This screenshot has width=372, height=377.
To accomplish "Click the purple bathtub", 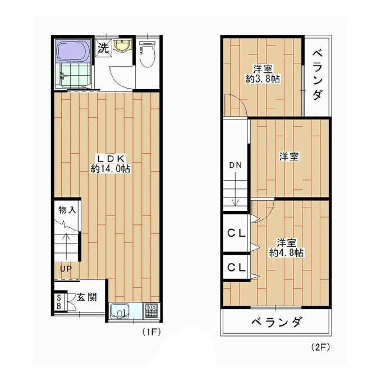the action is point(73,50).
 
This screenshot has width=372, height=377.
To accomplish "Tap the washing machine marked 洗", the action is point(103,48).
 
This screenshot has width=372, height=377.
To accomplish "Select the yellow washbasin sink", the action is point(122,45).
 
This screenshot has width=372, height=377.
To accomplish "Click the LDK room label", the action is point(111,158).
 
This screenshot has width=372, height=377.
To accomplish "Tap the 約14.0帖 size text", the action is point(111,168).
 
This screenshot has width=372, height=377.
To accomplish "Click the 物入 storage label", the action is point(67,210).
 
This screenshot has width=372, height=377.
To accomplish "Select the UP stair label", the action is point(66,269).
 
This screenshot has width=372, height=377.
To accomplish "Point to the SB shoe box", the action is point(59,302).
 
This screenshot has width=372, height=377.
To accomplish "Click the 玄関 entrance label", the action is point(87,297).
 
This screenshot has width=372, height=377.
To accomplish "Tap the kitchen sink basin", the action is point(120,311).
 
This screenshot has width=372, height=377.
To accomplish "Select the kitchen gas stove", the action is point(151,311).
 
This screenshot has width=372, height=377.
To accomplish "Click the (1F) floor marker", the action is point(151,332).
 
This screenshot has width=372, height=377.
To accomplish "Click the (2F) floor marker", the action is point(320,347).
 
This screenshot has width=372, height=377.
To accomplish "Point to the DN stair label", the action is point(235,165).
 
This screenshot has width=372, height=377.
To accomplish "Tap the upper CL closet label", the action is point(236,233).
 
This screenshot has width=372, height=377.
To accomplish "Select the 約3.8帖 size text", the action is point(263,79).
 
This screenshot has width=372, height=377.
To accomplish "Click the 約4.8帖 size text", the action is point(286,252).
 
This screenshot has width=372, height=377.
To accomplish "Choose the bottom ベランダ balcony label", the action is point(276,321).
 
